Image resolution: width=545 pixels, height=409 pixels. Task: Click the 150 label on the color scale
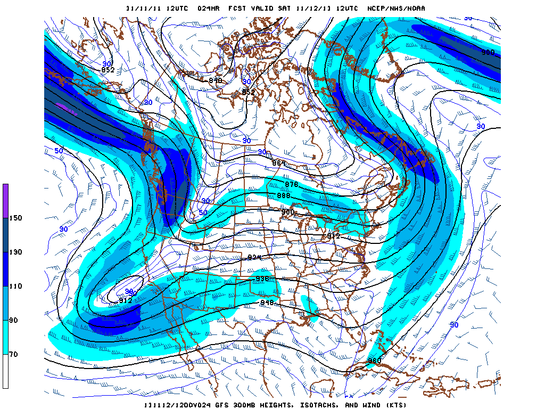16,218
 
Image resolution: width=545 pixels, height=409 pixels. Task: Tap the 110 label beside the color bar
16,286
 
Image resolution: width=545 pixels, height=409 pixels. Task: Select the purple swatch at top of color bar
5,200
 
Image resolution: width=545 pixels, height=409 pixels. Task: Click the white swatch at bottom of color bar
5,371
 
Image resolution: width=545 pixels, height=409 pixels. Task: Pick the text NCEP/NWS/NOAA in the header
396,9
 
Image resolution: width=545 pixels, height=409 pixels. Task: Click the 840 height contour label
215,80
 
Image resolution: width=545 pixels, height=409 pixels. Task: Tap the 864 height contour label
279,163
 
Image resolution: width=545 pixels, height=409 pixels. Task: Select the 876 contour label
291,184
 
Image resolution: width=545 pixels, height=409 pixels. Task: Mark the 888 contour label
284,195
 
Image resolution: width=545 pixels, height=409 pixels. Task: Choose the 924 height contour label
254,258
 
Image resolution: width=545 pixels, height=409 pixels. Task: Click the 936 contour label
263,279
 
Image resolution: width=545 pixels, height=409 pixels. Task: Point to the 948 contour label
267,302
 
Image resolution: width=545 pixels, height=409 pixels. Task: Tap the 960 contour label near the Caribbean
375,361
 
